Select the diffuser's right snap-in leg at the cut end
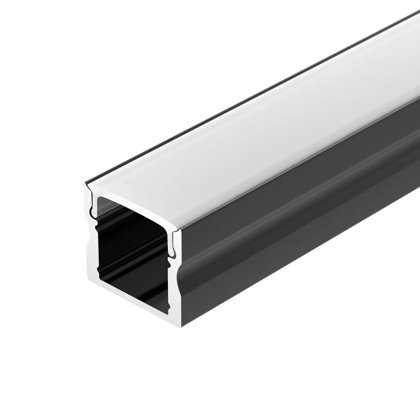172,245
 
